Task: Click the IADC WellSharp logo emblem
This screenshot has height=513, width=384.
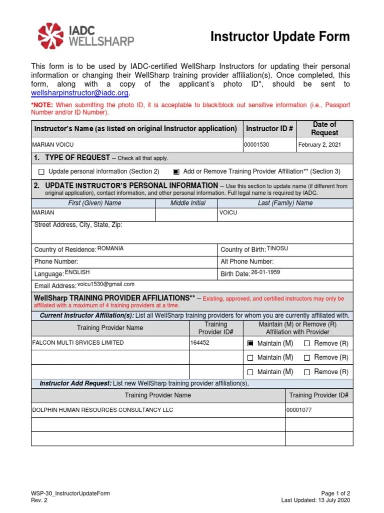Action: coord(51,36)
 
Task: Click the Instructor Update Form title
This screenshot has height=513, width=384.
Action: coord(280,37)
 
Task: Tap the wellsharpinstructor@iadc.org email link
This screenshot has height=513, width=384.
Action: coord(80,93)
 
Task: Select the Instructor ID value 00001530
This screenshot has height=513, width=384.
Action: coord(256,145)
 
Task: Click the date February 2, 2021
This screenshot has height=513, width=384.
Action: coord(319,145)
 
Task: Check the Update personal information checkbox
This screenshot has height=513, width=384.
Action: coord(41,171)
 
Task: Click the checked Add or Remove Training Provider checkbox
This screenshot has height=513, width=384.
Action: coord(176,171)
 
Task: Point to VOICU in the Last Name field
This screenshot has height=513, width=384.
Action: coord(228,212)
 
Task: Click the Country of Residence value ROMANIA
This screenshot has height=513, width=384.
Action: coord(110,248)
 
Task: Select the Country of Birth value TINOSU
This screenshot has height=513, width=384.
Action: coord(277,248)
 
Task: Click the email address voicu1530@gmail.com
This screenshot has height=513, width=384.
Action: coord(105,285)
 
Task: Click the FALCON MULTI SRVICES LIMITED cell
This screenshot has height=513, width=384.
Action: coord(77,343)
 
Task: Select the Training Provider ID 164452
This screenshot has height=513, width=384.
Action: coord(199,343)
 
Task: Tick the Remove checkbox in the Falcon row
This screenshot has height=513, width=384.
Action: coord(307,343)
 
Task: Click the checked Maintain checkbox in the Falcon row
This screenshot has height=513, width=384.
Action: coord(250,343)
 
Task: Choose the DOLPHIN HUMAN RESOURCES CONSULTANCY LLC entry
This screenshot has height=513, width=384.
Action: coord(102,410)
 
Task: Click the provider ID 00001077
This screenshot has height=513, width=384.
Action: coord(299,410)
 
